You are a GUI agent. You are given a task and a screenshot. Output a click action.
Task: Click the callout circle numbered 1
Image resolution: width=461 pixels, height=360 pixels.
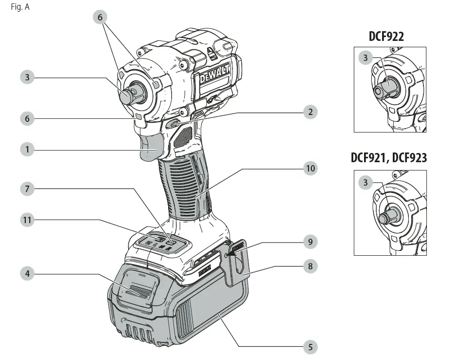[27, 149]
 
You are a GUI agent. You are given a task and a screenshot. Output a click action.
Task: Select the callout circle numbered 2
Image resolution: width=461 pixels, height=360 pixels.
[309, 112]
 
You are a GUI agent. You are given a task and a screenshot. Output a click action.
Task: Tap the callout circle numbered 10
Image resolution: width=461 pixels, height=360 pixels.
[309, 169]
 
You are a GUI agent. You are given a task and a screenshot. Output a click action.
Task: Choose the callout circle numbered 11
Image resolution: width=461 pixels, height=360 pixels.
[27, 220]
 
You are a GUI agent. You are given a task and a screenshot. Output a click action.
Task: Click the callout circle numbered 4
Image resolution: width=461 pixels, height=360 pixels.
[27, 274]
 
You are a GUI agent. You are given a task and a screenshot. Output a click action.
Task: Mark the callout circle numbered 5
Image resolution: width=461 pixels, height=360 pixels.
[309, 347]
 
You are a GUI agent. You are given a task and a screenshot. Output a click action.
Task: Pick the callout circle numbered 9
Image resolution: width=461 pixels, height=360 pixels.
[309, 242]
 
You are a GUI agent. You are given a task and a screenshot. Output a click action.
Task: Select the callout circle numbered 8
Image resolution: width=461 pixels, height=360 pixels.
[309, 266]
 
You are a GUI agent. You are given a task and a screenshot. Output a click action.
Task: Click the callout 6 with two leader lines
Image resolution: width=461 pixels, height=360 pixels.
[100, 18]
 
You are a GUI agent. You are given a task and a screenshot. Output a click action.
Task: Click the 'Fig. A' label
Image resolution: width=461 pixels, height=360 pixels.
[20, 7]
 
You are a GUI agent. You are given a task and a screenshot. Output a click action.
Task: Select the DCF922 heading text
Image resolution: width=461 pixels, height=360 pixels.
[386, 36]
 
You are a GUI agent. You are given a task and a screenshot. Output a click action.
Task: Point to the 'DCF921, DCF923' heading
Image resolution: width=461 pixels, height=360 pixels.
[389, 158]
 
